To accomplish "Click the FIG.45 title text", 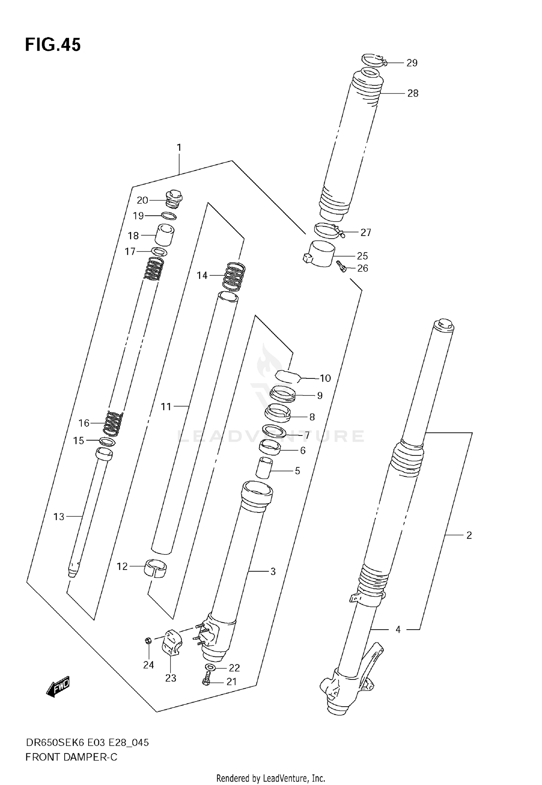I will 53,45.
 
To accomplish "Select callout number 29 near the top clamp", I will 412,63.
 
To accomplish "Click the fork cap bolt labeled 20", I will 174,200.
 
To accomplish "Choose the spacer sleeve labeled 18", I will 164,235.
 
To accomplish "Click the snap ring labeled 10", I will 288,376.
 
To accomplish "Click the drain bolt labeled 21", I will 206,681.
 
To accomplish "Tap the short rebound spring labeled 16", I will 113,423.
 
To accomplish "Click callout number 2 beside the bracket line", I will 469,535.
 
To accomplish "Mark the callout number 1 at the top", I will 179,147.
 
